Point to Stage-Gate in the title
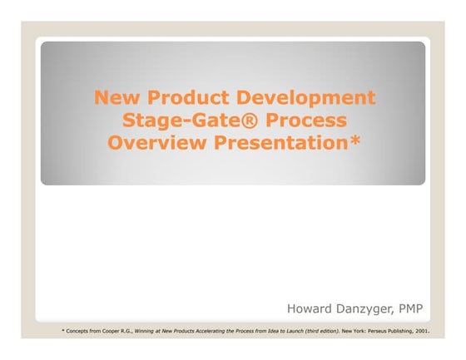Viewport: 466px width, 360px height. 170,121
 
